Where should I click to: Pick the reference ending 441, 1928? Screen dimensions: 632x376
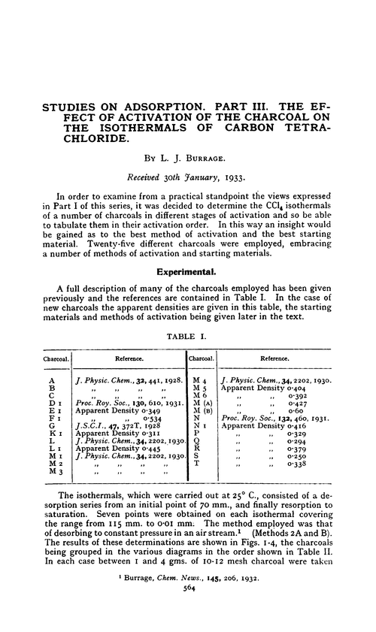click(x=132, y=382)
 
